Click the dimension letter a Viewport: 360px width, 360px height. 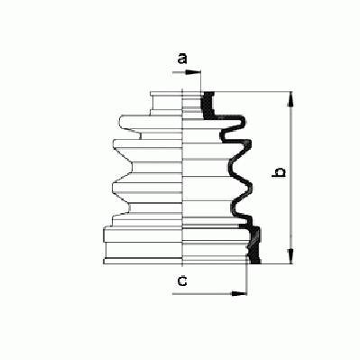(x=182, y=59)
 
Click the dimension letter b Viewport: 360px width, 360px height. (x=279, y=172)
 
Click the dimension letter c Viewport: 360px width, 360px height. (x=182, y=282)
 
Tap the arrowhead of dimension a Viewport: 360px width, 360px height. (x=193, y=72)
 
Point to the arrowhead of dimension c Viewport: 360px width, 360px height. (x=239, y=293)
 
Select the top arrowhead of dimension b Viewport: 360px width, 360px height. (x=291, y=99)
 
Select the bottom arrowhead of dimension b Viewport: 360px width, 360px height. (x=291, y=256)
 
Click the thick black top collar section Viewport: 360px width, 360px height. (x=207, y=106)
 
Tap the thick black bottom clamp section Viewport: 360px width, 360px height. (x=254, y=245)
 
